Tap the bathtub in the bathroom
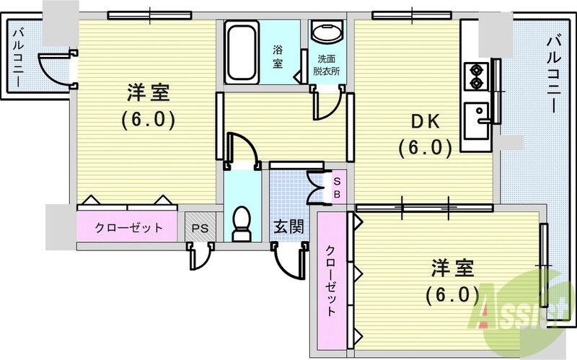239,51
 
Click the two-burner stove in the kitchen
477,76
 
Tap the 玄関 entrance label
288,226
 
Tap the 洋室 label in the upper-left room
147,93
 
